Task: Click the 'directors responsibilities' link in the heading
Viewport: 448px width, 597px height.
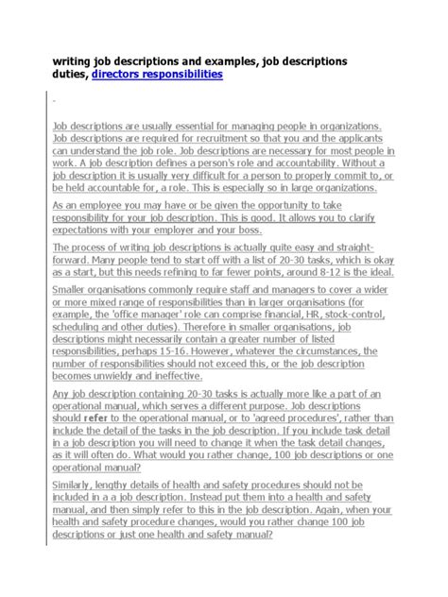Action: [157, 74]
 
